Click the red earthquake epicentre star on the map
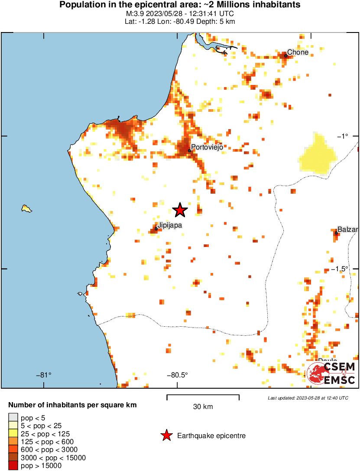pyautogui.click(x=180, y=210)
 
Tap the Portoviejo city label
pyautogui.click(x=207, y=147)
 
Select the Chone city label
pyautogui.click(x=298, y=52)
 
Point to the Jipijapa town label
pyautogui.click(x=170, y=225)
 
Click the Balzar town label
pyautogui.click(x=348, y=230)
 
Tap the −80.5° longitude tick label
pyautogui.click(x=177, y=375)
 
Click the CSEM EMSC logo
pyautogui.click(x=331, y=373)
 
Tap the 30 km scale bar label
pyautogui.click(x=203, y=407)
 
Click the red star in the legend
pyautogui.click(x=166, y=436)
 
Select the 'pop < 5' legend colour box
pyautogui.click(x=13, y=418)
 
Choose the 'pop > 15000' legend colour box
pyautogui.click(x=13, y=466)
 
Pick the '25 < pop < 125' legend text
pyautogui.click(x=45, y=434)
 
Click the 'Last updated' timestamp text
pyautogui.click(x=308, y=398)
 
